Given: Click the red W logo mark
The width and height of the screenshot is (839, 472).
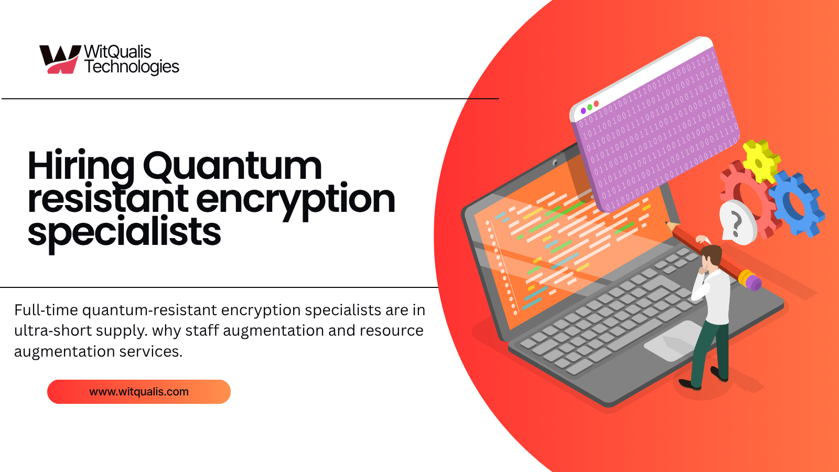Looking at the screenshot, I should (x=59, y=59).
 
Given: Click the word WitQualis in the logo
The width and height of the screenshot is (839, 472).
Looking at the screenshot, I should (x=117, y=51).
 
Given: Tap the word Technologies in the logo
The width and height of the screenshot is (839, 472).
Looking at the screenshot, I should (x=132, y=67).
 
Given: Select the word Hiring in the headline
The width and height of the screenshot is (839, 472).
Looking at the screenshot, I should (x=81, y=166).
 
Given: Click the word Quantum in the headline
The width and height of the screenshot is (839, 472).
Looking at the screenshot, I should (x=232, y=166).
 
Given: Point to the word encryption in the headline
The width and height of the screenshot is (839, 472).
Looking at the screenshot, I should (x=295, y=199).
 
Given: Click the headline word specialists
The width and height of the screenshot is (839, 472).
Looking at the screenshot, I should (x=124, y=232).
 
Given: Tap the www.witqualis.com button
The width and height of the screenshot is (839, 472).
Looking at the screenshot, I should (x=139, y=392).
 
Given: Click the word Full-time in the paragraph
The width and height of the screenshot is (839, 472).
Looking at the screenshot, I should (x=46, y=310).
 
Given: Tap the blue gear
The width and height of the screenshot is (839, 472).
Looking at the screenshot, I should (x=797, y=202).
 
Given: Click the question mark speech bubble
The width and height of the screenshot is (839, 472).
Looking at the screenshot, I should (x=737, y=222).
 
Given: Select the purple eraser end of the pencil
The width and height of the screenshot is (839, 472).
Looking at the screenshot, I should (x=753, y=283).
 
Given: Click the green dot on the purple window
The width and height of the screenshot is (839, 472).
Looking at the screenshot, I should (x=589, y=107).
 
